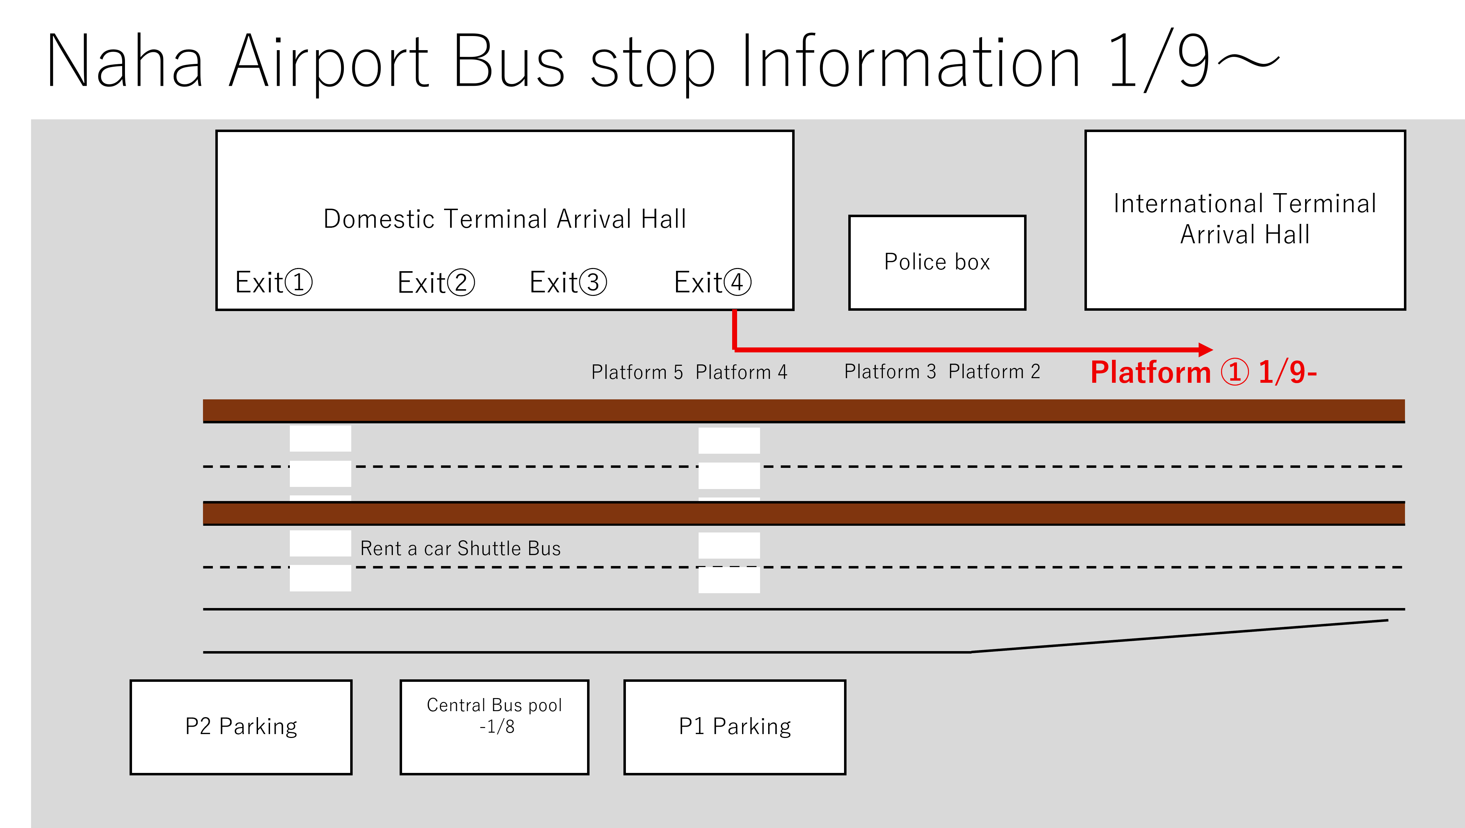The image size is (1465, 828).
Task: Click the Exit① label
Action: pos(274,282)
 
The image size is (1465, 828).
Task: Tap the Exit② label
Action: pos(436,282)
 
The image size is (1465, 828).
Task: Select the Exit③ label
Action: pos(568,282)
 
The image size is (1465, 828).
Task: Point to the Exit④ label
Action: pos(712,282)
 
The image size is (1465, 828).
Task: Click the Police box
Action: pos(937,262)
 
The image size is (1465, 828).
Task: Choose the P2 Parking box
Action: pos(241,727)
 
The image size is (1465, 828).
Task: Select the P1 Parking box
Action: pos(734,727)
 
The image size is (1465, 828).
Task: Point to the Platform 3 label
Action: pos(890,372)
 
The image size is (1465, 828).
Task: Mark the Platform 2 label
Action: pos(994,372)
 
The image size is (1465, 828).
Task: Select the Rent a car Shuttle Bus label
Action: pos(460,549)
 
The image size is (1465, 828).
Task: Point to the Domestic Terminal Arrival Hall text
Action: pos(504,219)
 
